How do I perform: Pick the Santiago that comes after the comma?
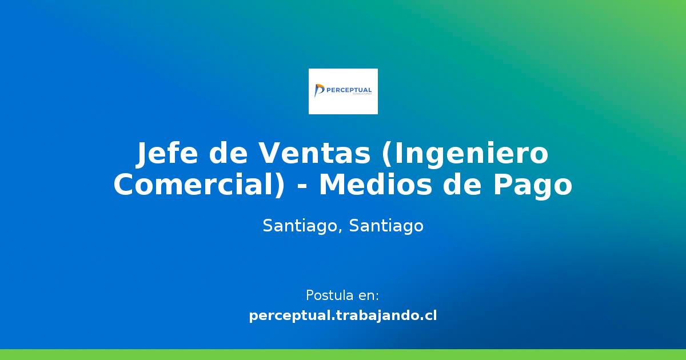point(386,226)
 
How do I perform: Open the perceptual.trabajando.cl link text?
point(343,315)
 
